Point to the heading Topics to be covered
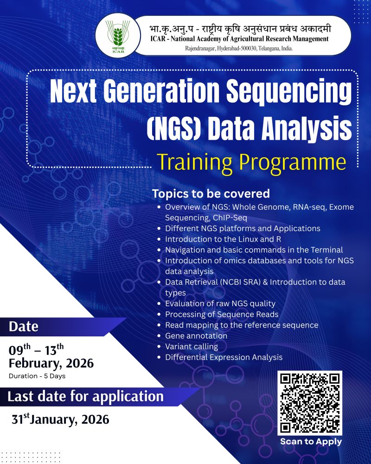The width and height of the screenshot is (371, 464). tap(211, 193)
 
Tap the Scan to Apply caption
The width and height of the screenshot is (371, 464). tap(311, 442)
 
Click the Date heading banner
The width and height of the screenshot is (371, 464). tap(24, 327)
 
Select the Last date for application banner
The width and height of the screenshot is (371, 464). tap(86, 397)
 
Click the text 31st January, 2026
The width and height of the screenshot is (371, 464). tap(61, 420)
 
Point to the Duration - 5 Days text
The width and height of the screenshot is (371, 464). tap(37, 376)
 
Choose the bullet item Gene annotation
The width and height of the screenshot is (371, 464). tap(196, 335)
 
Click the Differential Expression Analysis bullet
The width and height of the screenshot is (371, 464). tap(224, 357)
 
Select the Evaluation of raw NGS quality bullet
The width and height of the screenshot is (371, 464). tap(220, 303)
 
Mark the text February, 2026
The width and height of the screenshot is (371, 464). tap(51, 362)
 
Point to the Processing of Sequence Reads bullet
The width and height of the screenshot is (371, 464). tap(222, 314)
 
